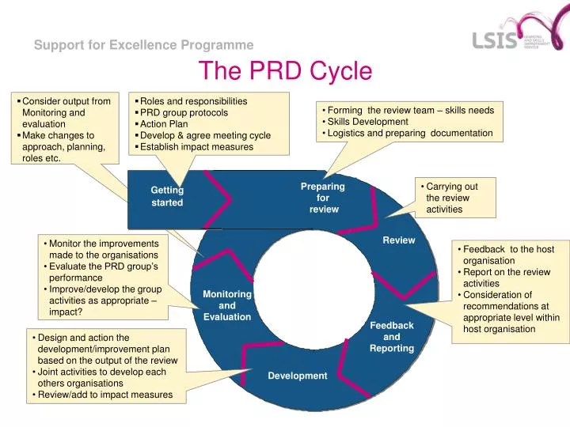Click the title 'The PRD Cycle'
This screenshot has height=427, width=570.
[x=285, y=71]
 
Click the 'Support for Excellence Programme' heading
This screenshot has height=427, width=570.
[x=143, y=45]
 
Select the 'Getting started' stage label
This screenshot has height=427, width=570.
[x=167, y=196]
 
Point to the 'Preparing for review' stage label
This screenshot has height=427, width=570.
[x=323, y=198]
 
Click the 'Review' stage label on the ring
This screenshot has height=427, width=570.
[x=399, y=240]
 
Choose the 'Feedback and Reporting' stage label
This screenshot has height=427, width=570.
[x=392, y=337]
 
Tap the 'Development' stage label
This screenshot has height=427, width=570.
[x=297, y=376]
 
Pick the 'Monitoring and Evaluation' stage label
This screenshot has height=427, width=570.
[x=227, y=305]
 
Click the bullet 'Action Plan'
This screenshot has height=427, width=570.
[x=164, y=124]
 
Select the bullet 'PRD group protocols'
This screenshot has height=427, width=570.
[x=184, y=112]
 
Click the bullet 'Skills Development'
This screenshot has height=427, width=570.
[x=367, y=122]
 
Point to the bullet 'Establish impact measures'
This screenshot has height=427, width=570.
[x=196, y=146]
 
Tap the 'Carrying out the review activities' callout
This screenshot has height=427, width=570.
[x=451, y=198]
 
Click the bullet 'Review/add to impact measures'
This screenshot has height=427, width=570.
[x=104, y=395]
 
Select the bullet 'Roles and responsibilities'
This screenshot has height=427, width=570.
[x=193, y=101]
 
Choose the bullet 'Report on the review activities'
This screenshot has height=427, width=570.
[x=506, y=278]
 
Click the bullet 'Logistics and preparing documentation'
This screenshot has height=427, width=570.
[x=409, y=133]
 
